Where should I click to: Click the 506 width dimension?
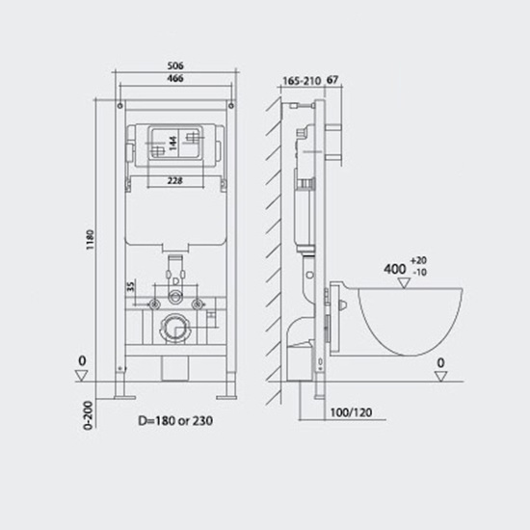point(175,66)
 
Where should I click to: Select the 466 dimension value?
point(175,78)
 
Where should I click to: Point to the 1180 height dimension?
point(90,240)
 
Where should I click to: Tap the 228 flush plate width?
point(175,181)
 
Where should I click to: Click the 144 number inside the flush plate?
point(173,144)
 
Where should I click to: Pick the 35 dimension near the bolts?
point(131,286)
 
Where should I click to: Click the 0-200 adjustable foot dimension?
point(88,415)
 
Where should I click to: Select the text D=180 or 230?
point(175,421)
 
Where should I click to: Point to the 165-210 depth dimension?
point(302,81)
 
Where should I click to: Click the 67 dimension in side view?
point(332,80)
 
